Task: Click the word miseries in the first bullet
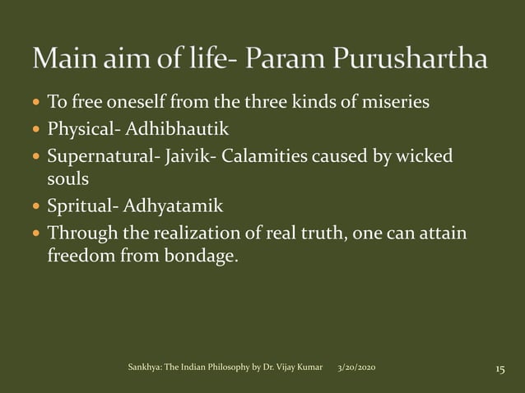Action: click(x=398, y=104)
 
